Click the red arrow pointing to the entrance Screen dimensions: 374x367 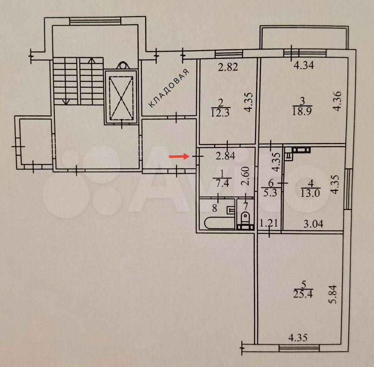179,156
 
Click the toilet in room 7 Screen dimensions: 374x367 245,219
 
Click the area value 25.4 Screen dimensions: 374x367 303,294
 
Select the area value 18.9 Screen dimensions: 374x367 302,111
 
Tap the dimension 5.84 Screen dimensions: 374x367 333,294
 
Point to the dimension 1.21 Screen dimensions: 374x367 269,223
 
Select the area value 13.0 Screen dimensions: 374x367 310,193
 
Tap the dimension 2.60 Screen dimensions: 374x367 245,176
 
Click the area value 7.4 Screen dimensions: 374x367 222,183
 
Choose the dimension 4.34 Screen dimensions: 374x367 303,65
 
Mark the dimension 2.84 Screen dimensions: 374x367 225,156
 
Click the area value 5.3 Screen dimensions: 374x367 270,192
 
